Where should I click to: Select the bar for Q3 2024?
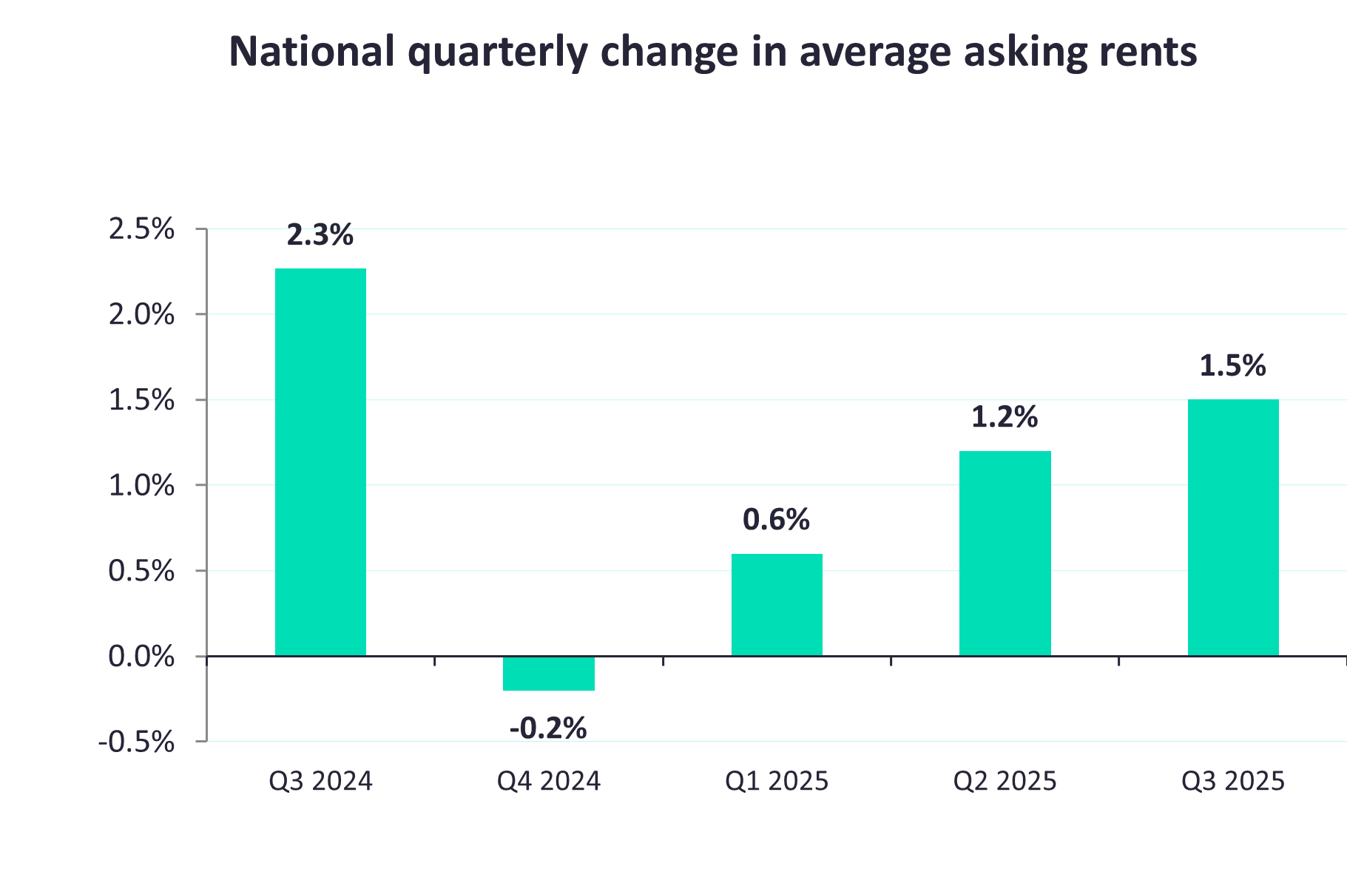pyautogui.click(x=320, y=462)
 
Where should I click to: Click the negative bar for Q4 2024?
pyautogui.click(x=548, y=674)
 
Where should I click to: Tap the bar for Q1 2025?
pyautogui.click(x=777, y=605)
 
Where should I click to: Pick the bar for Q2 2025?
pyautogui.click(x=1005, y=553)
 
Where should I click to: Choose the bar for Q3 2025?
pyautogui.click(x=1233, y=527)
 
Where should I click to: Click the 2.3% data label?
pyautogui.click(x=320, y=235)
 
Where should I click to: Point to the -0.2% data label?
pyautogui.click(x=548, y=728)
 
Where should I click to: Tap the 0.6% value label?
pyautogui.click(x=776, y=520)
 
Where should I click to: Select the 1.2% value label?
pyautogui.click(x=1005, y=417)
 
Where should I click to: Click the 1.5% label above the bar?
pyautogui.click(x=1232, y=366)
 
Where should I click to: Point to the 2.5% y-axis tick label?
pyautogui.click(x=141, y=229)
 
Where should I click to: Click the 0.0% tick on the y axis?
pyautogui.click(x=141, y=657)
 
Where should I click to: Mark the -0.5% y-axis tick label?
pyautogui.click(x=137, y=742)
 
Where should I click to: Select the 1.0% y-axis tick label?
pyautogui.click(x=141, y=486)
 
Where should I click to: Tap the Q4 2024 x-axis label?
pyautogui.click(x=548, y=782)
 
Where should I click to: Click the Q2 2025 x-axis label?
pyautogui.click(x=1005, y=782)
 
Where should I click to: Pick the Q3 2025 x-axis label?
pyautogui.click(x=1233, y=782)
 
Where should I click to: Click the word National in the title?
pyautogui.click(x=311, y=52)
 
